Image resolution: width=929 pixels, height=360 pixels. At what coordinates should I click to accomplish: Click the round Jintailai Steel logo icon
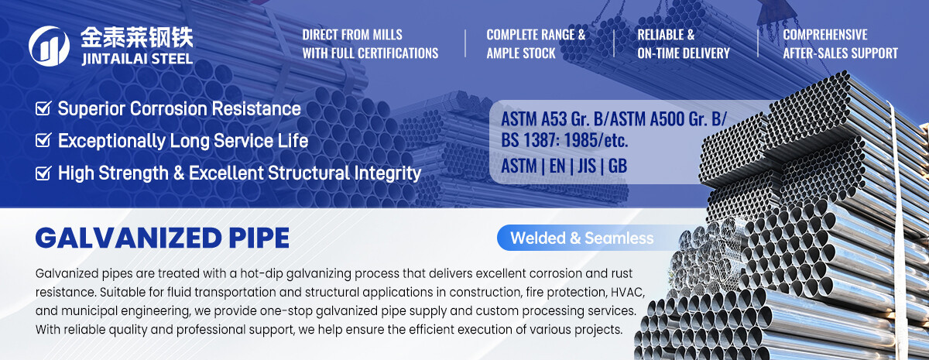49,46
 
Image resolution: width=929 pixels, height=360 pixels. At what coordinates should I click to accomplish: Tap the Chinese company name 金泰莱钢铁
137,37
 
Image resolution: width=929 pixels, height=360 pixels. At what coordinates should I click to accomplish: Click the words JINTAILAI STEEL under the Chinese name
137,59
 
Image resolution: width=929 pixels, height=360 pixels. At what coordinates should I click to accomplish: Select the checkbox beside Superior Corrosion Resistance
43,108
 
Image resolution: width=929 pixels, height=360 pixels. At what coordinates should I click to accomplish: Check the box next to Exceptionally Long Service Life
43,140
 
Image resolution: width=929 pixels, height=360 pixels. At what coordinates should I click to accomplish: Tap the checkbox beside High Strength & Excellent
43,173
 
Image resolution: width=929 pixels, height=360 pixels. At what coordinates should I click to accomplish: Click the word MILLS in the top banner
387,34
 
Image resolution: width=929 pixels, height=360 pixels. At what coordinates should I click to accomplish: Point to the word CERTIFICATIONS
398,53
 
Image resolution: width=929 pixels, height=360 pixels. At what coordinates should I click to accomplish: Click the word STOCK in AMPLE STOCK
537,53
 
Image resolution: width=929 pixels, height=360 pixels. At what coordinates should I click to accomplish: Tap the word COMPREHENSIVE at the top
825,34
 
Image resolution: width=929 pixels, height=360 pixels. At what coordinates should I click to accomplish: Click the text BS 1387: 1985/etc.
564,140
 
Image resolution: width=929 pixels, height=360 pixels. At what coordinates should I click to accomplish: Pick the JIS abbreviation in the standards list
587,166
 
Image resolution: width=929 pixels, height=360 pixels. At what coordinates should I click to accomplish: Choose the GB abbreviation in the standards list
618,166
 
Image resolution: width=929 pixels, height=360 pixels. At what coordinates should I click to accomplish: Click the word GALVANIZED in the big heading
129,238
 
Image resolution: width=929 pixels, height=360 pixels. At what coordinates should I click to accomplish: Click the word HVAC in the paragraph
628,292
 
